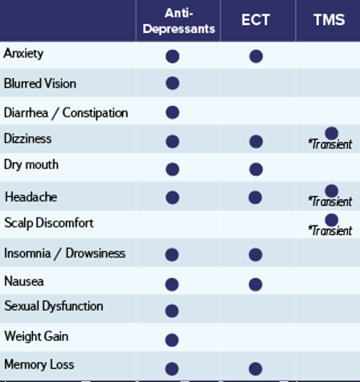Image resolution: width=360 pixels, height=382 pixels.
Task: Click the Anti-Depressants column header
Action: tap(178, 21)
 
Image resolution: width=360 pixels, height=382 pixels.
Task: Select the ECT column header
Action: tap(256, 20)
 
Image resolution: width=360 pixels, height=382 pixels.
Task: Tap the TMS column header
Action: tap(329, 20)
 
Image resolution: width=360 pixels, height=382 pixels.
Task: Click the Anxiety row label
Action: tap(23, 54)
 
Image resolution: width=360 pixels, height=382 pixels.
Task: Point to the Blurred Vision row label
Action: tap(40, 83)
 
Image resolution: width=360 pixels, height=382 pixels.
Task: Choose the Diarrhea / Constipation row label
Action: tap(66, 113)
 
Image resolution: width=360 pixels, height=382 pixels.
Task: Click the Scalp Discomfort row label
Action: tap(49, 223)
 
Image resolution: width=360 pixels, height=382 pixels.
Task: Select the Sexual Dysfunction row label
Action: tap(54, 307)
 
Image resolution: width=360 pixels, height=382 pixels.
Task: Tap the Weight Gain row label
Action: tap(36, 336)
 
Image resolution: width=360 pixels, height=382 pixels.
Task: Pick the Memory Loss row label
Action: tap(39, 364)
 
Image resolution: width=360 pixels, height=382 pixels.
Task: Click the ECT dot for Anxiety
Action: tap(256, 56)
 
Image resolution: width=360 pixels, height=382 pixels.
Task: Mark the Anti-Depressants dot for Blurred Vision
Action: tap(172, 83)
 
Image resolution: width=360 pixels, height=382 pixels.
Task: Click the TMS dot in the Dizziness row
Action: tap(331, 133)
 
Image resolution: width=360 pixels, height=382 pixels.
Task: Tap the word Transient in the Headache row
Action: tap(332, 201)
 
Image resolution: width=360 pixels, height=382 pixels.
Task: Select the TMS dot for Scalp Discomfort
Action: tap(331, 220)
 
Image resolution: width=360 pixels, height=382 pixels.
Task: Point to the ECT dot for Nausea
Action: tap(256, 284)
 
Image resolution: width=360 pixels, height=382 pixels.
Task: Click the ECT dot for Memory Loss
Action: tap(256, 369)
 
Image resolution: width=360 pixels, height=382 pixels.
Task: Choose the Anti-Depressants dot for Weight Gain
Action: tap(172, 340)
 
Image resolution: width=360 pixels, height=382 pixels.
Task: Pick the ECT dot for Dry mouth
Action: tap(256, 169)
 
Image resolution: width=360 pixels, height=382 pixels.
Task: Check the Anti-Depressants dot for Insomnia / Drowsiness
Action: tap(172, 254)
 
